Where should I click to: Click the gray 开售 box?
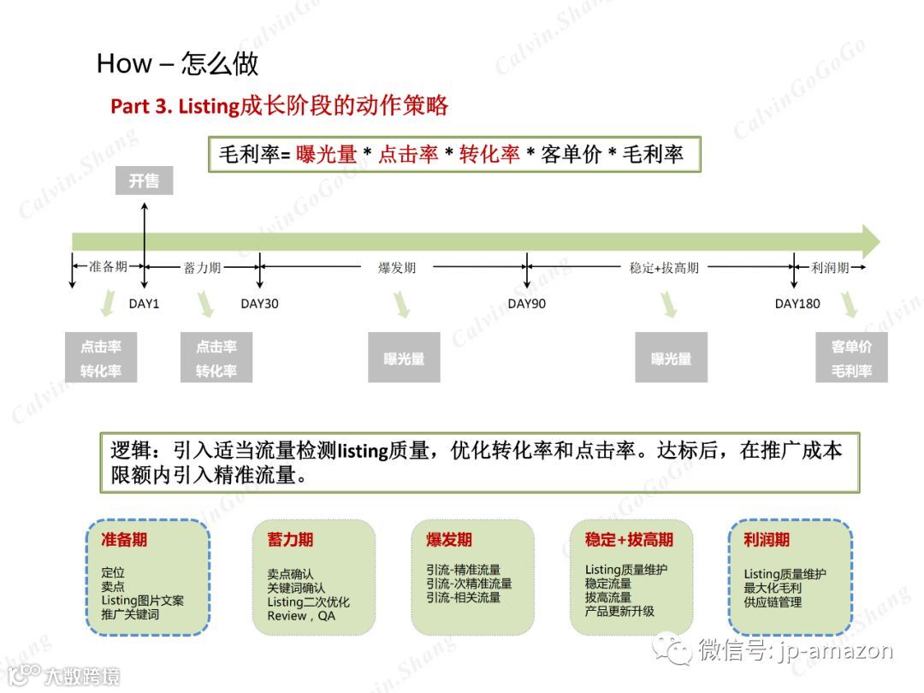click(144, 181)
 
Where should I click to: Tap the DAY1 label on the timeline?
click(144, 304)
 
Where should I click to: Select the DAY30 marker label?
click(259, 304)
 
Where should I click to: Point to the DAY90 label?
click(526, 304)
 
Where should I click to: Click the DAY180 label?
click(797, 304)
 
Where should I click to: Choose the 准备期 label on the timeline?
click(108, 267)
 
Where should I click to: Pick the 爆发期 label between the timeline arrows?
click(397, 268)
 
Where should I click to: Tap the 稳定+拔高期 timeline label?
click(664, 268)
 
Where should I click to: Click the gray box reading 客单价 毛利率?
click(851, 358)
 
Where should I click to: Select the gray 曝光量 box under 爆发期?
click(404, 358)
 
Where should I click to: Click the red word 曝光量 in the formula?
click(326, 155)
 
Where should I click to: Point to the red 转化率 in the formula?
click(489, 155)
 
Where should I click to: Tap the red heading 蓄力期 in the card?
click(284, 540)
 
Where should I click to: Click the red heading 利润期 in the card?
click(767, 540)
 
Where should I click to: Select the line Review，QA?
click(301, 616)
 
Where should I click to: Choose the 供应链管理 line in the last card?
click(773, 602)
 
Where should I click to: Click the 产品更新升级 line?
click(619, 611)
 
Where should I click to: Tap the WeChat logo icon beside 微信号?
click(672, 651)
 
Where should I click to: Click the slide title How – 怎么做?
click(177, 63)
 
